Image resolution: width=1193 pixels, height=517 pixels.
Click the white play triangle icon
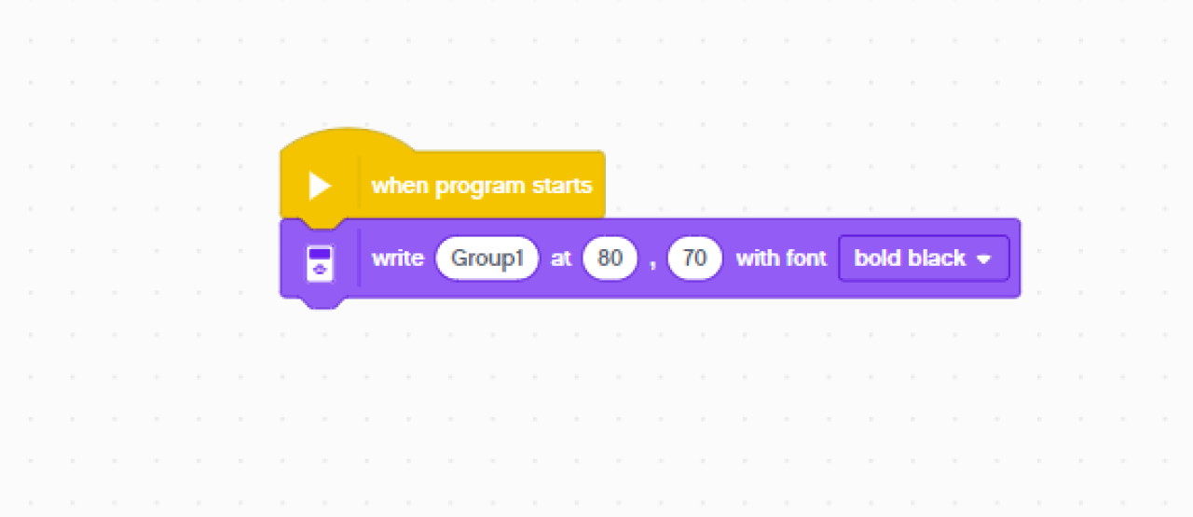coord(320,186)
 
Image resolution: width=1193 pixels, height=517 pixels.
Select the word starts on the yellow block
coord(562,186)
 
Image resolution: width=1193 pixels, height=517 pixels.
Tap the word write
coord(398,258)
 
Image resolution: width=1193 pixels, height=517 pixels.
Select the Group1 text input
coord(487,258)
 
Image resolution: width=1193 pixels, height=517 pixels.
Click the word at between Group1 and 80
coord(561,258)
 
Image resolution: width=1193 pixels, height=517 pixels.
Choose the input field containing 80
coord(610,258)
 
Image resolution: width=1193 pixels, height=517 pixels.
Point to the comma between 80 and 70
coord(652,262)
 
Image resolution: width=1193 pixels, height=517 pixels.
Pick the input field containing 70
coord(695,258)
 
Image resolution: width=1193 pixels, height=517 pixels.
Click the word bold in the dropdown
coord(876,258)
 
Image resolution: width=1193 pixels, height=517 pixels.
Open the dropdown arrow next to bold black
coord(983,259)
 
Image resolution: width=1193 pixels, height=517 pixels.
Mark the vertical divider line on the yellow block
coord(360,186)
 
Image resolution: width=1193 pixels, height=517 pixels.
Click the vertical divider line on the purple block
coord(360,258)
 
